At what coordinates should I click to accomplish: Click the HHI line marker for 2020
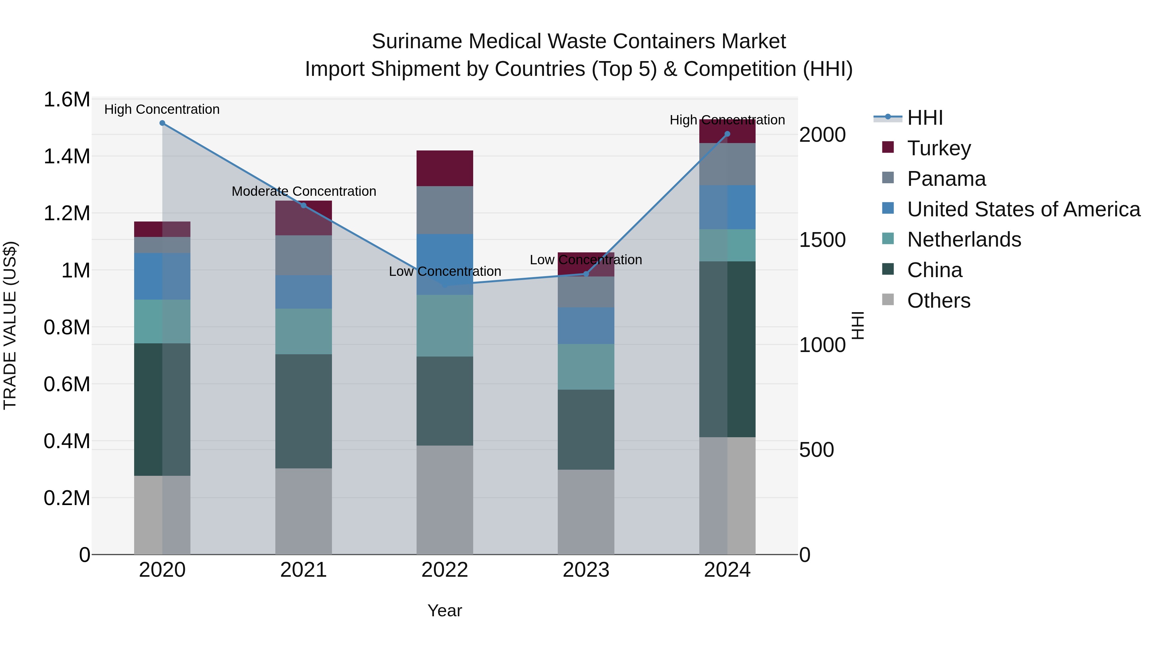pos(162,123)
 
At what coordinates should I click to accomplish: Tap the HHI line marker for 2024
pos(727,134)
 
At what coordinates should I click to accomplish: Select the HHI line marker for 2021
pos(303,206)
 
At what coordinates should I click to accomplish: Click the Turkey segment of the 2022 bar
pos(445,168)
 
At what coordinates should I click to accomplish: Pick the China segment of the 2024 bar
pos(727,349)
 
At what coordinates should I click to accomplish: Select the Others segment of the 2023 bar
pos(586,512)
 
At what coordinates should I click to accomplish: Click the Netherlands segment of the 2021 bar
pos(303,331)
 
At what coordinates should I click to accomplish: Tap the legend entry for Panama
pos(946,179)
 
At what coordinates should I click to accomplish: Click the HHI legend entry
pos(925,118)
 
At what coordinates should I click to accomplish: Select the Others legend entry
pos(939,301)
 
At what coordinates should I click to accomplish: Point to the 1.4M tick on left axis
pos(67,156)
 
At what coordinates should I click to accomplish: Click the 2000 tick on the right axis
pos(822,135)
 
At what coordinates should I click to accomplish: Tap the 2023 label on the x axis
pos(586,570)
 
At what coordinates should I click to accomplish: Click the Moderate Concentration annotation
pos(304,191)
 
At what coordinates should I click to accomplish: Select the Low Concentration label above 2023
pos(586,260)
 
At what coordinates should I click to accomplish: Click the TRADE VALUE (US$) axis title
pos(10,325)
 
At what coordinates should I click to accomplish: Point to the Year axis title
pos(445,610)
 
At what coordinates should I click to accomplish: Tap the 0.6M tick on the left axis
pos(67,384)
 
